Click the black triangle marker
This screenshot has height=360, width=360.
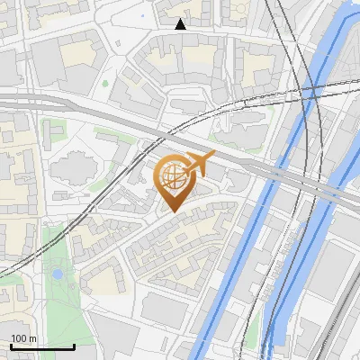pyautogui.click(x=181, y=24)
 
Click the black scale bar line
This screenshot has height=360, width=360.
pyautogui.click(x=41, y=346)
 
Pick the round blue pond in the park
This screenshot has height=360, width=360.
pyautogui.click(x=58, y=273)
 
